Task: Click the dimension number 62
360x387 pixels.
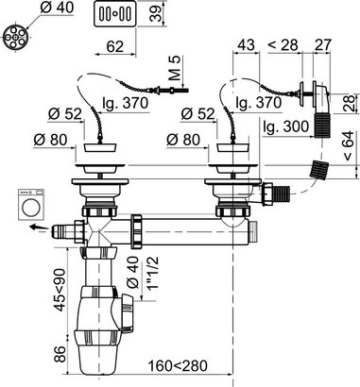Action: click(x=114, y=47)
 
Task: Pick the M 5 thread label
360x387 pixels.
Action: click(x=176, y=73)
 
